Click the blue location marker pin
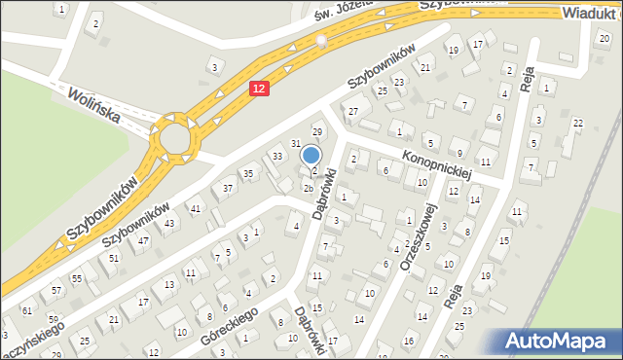tap(311, 155)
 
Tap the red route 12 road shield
tap(257, 89)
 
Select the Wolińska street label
tap(94, 104)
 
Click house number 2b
tap(308, 188)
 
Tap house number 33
tap(277, 157)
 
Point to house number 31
tap(296, 143)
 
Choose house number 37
tap(229, 188)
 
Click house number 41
tap(196, 209)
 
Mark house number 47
tap(143, 239)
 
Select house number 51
tap(114, 258)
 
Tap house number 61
tap(27, 310)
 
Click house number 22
tap(578, 123)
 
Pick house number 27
tap(353, 112)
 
